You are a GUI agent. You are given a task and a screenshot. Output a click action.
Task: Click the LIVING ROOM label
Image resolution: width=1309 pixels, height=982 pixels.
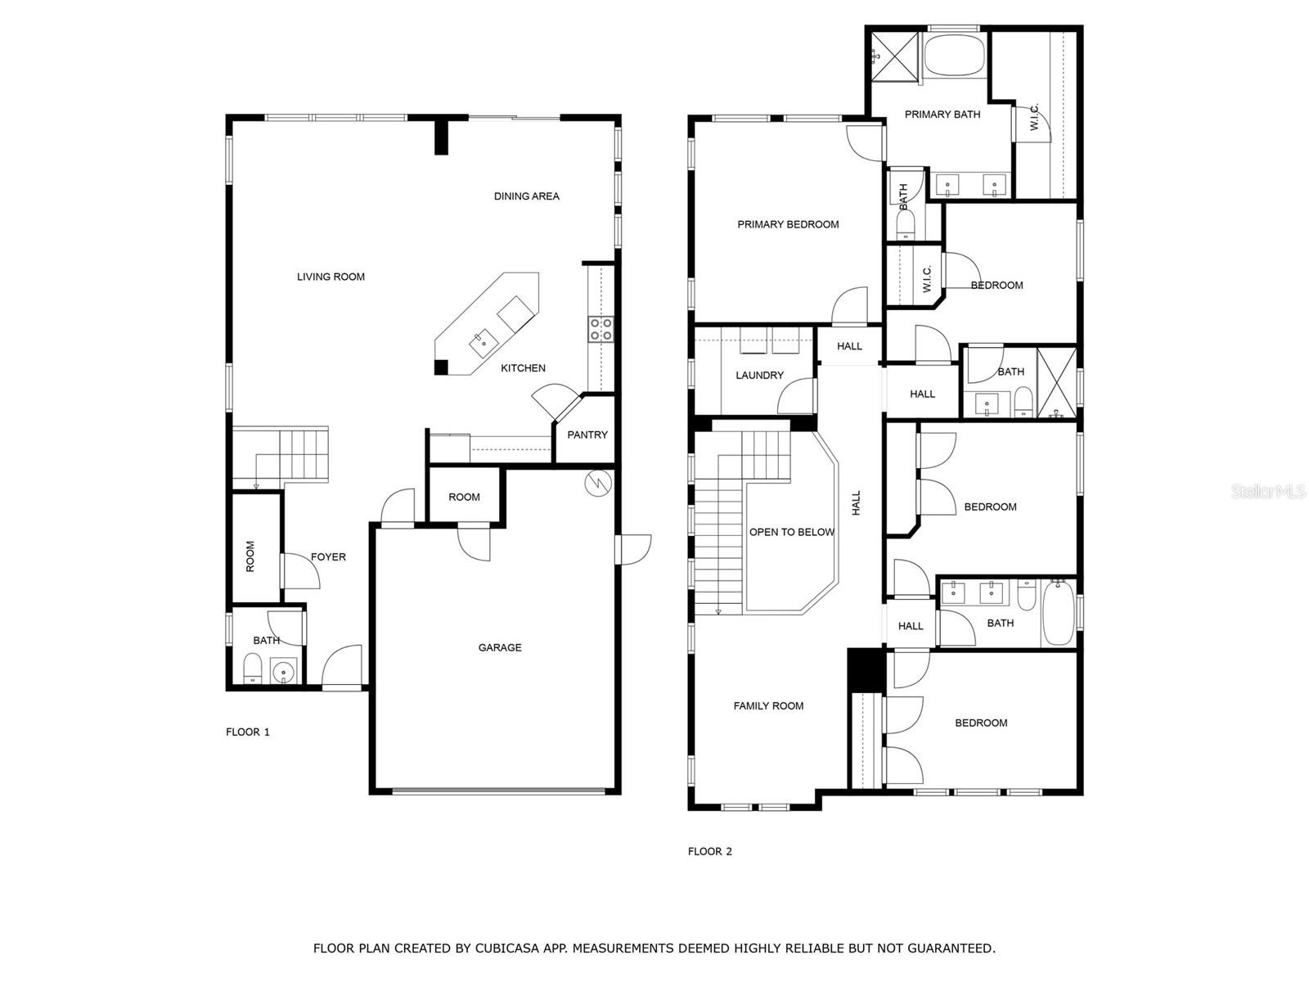[x=331, y=277]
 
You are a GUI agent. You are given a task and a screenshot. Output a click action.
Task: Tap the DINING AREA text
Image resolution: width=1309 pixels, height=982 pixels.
[x=527, y=196]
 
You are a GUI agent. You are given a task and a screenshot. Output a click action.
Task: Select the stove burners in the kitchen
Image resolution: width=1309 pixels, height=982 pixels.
[x=601, y=329]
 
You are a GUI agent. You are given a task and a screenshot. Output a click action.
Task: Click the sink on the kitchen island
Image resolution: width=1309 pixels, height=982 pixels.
[x=483, y=342]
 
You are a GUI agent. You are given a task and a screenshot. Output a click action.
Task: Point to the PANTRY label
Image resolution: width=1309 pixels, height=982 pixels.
[x=587, y=435]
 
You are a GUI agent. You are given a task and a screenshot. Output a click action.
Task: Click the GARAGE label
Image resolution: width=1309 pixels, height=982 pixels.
[x=500, y=647]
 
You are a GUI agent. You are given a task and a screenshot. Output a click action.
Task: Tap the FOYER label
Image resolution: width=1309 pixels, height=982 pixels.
[x=328, y=557]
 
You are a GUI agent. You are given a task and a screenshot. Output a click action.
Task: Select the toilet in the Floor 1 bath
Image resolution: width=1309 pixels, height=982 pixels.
[x=253, y=669]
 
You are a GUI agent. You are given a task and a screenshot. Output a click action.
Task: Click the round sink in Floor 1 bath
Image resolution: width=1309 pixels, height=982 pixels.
[x=283, y=672]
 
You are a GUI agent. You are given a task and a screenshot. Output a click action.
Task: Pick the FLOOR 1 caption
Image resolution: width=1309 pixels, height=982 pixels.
[x=248, y=732]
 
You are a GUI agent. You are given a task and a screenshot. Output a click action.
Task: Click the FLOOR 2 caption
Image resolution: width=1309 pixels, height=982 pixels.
[x=709, y=851]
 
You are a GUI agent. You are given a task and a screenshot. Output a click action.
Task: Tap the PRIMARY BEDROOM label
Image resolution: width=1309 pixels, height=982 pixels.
[x=788, y=225]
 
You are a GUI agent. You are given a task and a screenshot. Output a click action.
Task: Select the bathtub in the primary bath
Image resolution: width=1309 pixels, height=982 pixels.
[x=955, y=55]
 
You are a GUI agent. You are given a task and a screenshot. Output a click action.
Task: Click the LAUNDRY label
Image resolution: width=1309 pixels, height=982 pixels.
[x=759, y=376]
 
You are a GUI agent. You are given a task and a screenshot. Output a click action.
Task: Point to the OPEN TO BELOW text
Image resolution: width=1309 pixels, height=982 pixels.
[x=791, y=533]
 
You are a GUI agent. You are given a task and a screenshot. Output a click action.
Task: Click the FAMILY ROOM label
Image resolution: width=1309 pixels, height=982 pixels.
[x=768, y=706]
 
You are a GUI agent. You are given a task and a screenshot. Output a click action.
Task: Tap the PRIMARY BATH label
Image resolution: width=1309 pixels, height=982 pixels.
[x=942, y=115]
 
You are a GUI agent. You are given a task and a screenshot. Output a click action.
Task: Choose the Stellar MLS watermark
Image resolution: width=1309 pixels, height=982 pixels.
[x=1268, y=491]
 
